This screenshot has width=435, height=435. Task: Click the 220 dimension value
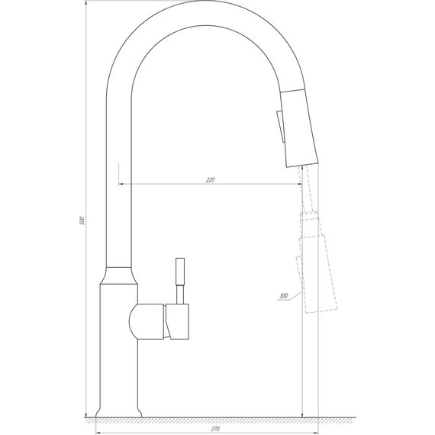coord(210,180)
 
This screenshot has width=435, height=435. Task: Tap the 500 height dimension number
coord(82,221)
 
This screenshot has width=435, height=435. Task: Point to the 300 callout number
coord(284,295)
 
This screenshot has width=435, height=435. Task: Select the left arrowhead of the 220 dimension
coord(122,185)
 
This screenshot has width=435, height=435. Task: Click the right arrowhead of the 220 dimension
coord(299,185)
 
